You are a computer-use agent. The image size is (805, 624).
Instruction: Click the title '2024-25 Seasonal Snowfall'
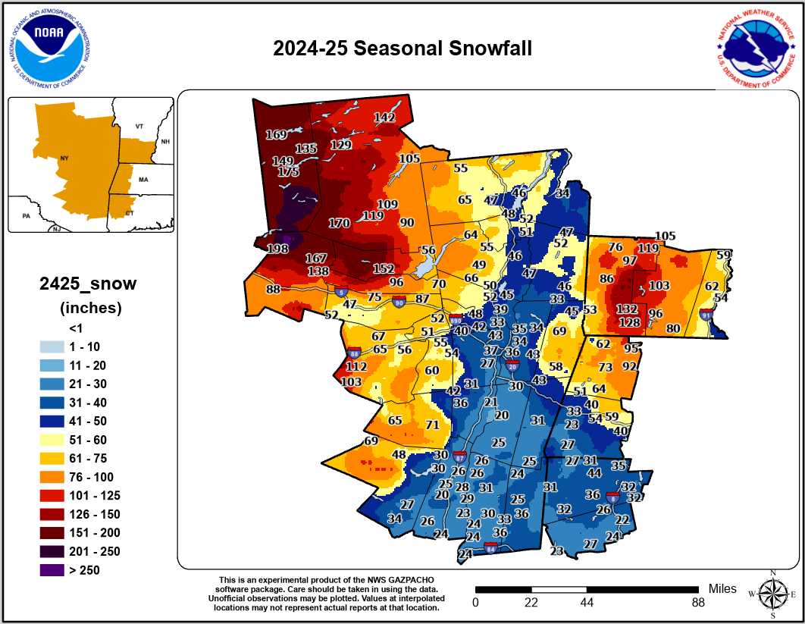pos(402,49)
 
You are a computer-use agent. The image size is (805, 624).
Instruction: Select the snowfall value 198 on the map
pos(277,249)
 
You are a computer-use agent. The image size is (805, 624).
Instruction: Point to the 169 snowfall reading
pos(275,135)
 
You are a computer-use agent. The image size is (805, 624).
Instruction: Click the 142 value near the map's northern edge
pos(385,118)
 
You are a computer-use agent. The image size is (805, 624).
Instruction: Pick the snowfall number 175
pos(288,172)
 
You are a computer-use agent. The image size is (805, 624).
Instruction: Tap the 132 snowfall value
pos(626,309)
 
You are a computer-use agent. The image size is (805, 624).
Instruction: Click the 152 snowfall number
pos(383,269)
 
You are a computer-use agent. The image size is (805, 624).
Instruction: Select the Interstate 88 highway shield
pos(354,353)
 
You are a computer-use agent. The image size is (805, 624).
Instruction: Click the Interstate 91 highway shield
pos(706,315)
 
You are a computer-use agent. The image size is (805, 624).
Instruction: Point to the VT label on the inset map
pos(139,125)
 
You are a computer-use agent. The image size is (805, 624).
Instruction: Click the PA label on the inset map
pos(25,215)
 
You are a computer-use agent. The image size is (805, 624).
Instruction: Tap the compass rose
pos(772,594)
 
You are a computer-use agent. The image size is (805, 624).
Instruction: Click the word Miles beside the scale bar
pos(722,588)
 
